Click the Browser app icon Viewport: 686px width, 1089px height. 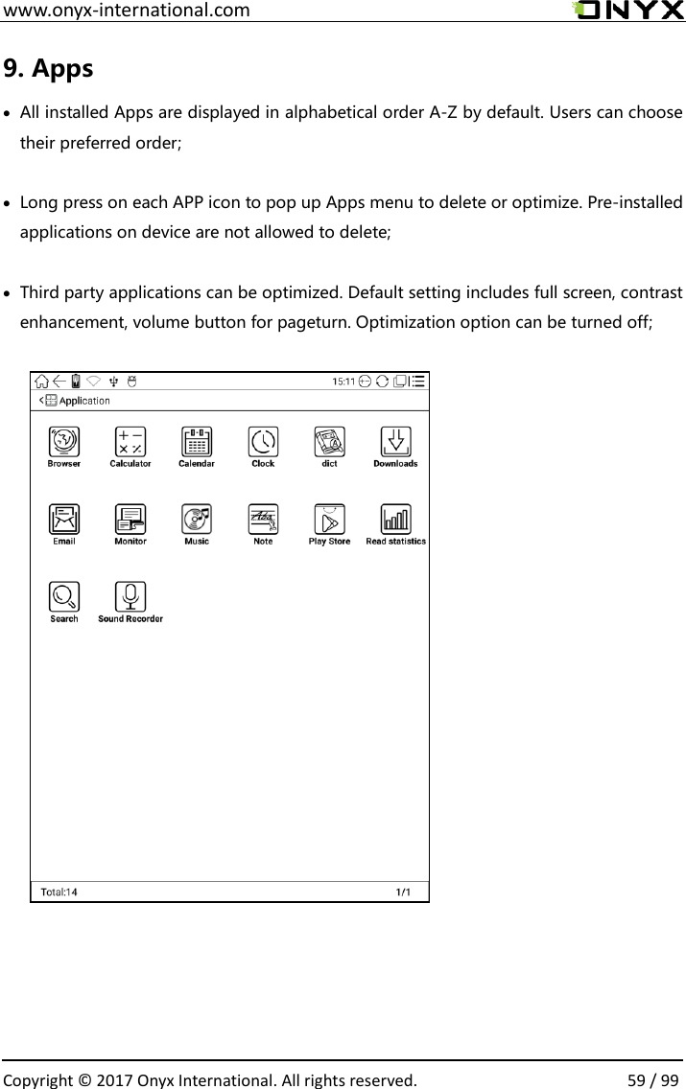tap(64, 442)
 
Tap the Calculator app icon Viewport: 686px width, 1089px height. tap(130, 442)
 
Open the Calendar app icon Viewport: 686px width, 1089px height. tap(197, 442)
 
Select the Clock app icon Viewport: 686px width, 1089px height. tap(263, 442)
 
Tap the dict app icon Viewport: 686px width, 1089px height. tap(329, 442)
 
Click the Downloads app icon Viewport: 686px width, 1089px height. tap(395, 442)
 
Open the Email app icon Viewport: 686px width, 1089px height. tap(64, 520)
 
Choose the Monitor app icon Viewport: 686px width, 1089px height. tap(130, 520)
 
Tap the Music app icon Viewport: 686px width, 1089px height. tap(197, 520)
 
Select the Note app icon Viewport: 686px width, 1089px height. tap(263, 520)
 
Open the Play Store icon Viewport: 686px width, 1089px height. tap(329, 520)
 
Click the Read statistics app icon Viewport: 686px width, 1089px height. tap(395, 520)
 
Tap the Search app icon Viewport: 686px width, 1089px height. tap(64, 597)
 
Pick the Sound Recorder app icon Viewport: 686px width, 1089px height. tap(130, 597)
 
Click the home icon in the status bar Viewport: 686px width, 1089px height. tap(43, 382)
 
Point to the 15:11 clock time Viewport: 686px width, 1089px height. tap(343, 382)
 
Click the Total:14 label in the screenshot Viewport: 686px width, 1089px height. tap(59, 892)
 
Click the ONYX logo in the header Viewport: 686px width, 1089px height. tap(628, 11)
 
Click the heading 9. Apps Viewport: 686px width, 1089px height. tap(49, 69)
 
